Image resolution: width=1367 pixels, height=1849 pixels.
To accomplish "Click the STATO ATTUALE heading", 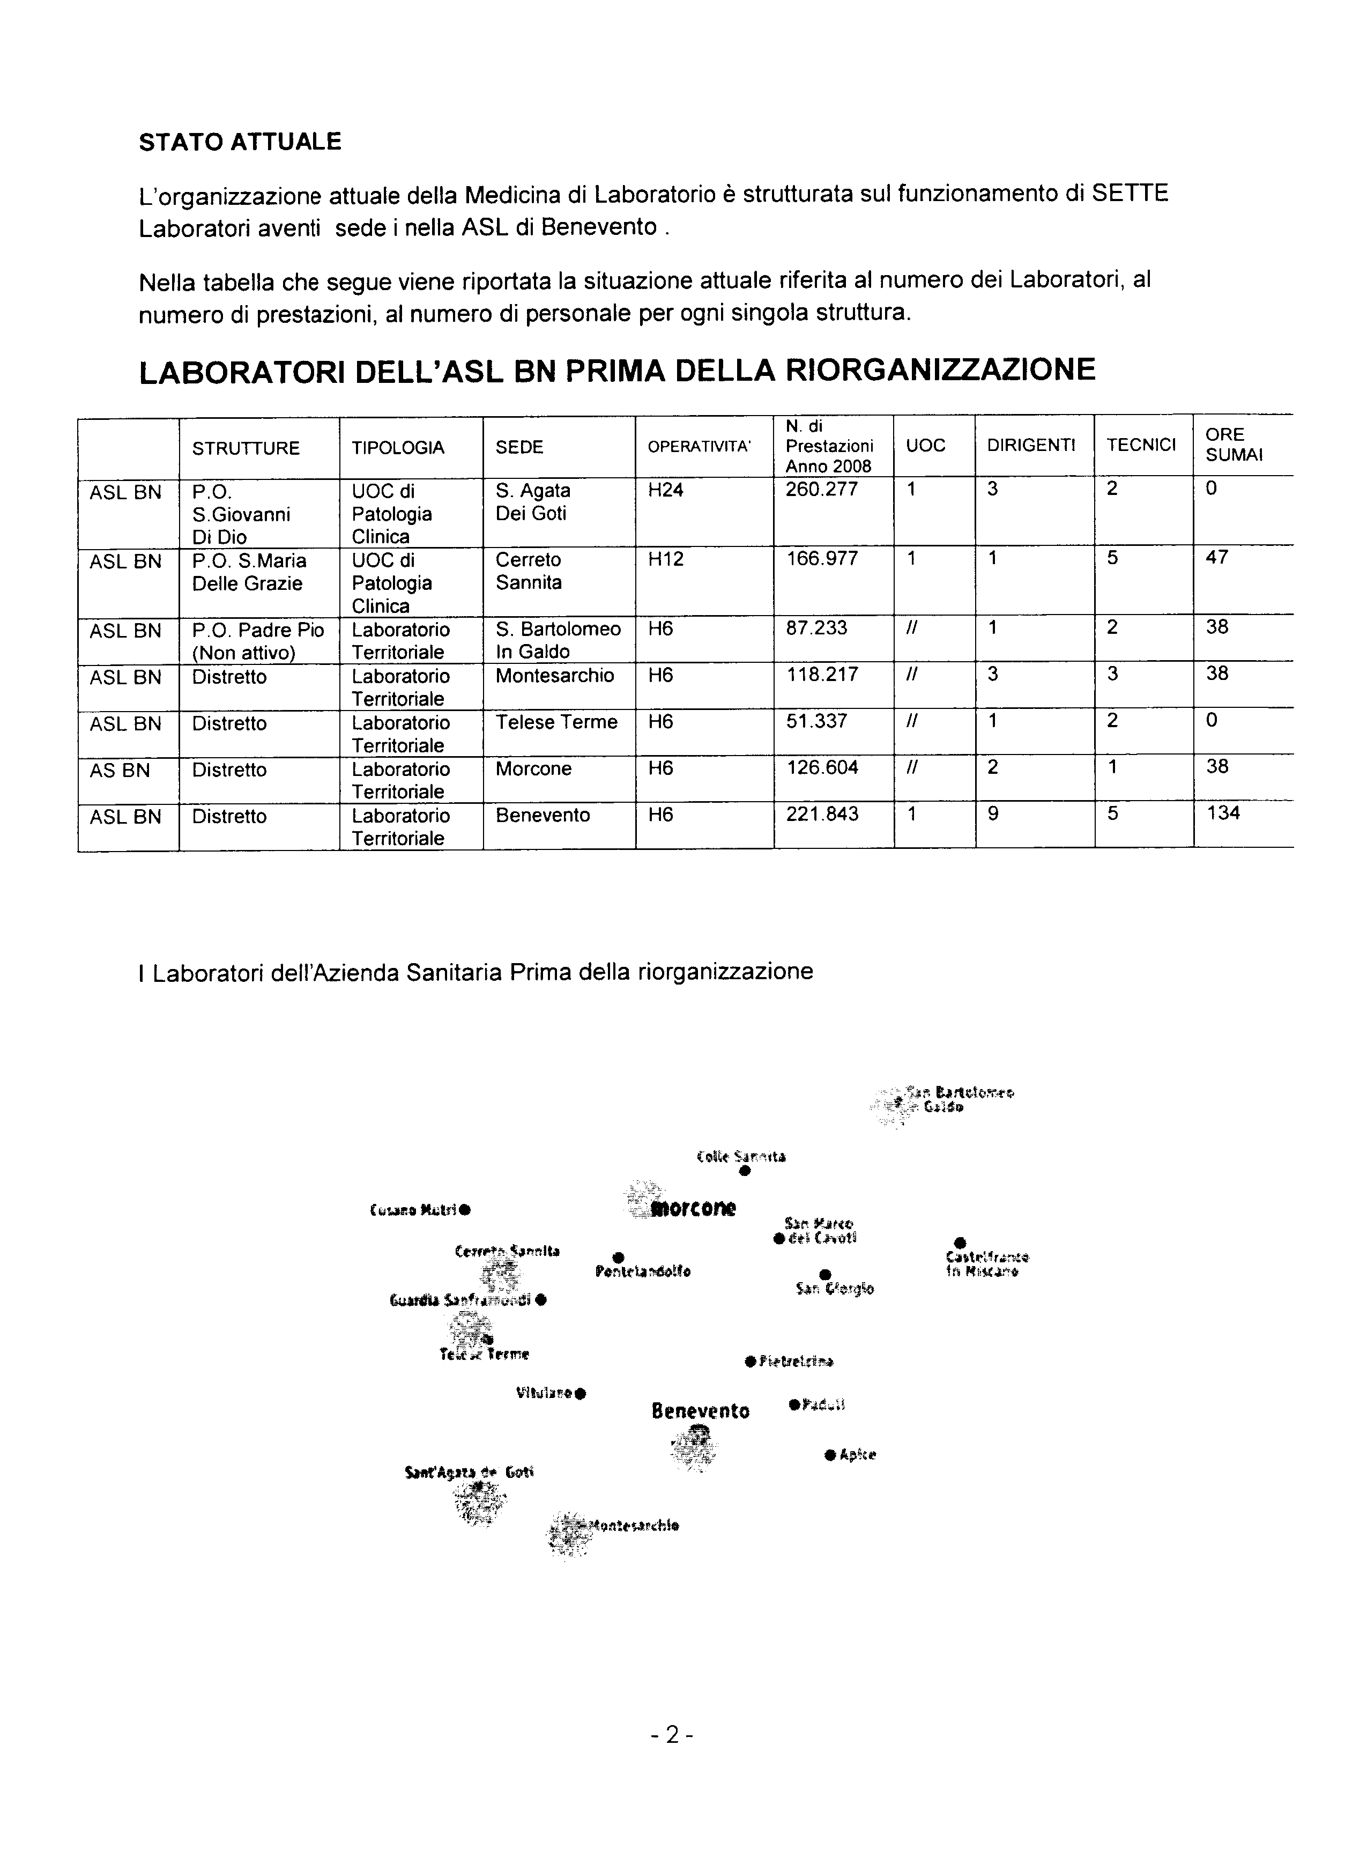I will coord(240,142).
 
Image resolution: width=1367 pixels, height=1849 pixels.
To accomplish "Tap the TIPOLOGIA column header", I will coord(397,448).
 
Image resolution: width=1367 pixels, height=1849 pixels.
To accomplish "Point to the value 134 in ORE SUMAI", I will coord(1223,813).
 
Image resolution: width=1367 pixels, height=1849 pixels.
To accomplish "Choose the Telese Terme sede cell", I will coord(556,722).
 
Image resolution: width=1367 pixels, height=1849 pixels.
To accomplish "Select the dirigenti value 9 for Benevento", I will coord(992,813).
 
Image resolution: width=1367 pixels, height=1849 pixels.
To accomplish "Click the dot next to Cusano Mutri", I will coord(465,1210).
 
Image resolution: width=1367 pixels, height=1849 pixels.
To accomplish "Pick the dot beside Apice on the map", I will coord(830,1454).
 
